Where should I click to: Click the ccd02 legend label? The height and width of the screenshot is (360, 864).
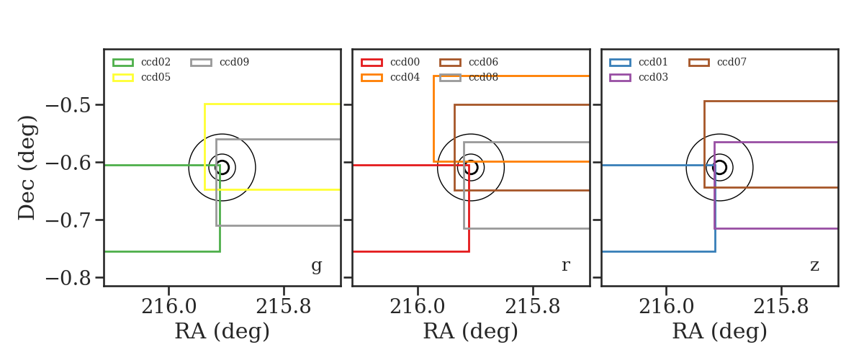pos(156,62)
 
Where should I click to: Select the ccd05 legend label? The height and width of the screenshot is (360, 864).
pos(156,77)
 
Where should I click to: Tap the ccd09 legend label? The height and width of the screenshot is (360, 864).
pos(234,62)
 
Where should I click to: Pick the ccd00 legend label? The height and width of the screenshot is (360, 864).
pos(405,62)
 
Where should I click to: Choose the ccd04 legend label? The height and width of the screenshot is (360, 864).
pos(405,77)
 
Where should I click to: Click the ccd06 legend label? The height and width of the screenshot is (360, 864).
pos(483,62)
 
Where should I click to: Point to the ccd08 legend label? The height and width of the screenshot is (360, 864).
pos(483,77)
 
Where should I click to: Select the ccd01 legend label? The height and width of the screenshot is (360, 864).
pos(653,62)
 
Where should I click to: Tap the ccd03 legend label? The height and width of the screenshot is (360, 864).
pos(653,77)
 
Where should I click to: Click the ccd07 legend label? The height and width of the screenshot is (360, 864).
pos(732,62)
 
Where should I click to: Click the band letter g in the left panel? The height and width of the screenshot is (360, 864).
pos(316,266)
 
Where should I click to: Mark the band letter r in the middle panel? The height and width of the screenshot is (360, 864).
pos(565,265)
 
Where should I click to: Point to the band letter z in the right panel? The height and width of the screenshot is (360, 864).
pos(814,266)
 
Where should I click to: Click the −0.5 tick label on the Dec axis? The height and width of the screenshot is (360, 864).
pos(68,105)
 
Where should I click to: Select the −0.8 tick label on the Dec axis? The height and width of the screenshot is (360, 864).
pos(68,278)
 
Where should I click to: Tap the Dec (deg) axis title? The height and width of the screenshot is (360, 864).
pos(27,168)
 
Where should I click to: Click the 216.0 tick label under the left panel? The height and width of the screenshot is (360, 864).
pos(169,307)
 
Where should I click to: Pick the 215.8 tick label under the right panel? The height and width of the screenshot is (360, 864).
pos(780,307)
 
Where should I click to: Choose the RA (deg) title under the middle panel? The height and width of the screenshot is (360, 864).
pos(471,331)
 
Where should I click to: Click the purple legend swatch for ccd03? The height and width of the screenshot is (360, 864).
pos(620,78)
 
